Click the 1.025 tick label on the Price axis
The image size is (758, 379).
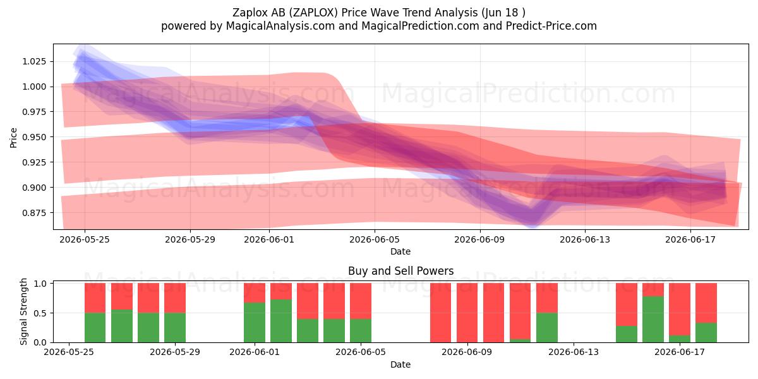34,62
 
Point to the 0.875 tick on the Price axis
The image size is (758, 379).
34,213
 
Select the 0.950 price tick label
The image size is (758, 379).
34,137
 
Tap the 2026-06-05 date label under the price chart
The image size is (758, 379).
374,239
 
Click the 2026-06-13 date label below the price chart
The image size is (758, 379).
585,239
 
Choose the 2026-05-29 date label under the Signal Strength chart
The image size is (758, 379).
175,352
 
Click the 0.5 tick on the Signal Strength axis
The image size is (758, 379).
40,313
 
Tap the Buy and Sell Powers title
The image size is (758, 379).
400,271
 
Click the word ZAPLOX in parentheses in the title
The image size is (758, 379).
315,13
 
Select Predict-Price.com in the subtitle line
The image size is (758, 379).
551,26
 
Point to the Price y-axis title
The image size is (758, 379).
13,138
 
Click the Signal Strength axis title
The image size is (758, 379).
23,311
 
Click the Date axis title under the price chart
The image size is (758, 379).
400,251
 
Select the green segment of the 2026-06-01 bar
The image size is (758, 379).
255,322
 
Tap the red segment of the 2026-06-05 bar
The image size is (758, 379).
361,301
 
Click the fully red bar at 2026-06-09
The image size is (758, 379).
467,313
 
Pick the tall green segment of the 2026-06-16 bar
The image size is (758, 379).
653,319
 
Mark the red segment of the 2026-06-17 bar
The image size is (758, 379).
680,309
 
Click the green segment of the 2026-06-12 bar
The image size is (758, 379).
547,327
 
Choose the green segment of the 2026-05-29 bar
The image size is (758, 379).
175,327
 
